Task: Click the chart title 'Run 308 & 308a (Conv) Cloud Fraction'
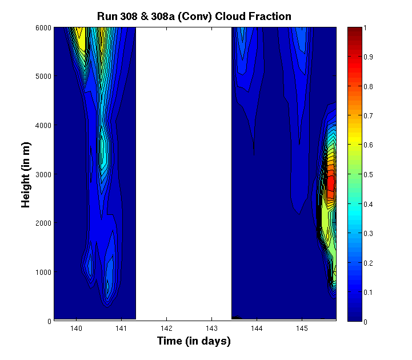(x=194, y=17)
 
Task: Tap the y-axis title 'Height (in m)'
(x=26, y=175)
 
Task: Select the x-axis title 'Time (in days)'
(x=194, y=341)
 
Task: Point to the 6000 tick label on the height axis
(x=43, y=28)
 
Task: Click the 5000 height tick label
(x=43, y=77)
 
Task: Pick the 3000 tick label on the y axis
(x=43, y=174)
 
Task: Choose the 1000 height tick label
(x=43, y=272)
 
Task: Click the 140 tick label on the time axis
(x=76, y=328)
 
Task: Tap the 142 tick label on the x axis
(x=166, y=328)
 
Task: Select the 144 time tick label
(x=257, y=328)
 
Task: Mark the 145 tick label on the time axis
(x=302, y=328)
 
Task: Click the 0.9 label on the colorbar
(x=368, y=57)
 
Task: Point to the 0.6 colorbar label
(x=368, y=145)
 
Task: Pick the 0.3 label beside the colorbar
(x=368, y=233)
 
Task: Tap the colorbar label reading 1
(x=365, y=28)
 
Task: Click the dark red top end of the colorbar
(x=354, y=30)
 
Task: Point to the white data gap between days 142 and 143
(x=183, y=174)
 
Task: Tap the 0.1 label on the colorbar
(x=368, y=292)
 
